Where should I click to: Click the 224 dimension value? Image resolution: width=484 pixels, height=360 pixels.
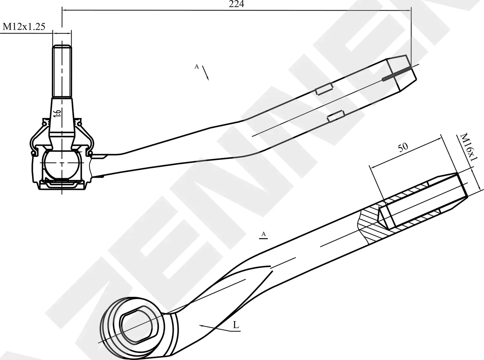pos(237,4)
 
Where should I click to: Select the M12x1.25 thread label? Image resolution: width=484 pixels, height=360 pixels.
pos(24,27)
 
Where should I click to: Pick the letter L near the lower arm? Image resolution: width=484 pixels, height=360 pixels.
pos(236,325)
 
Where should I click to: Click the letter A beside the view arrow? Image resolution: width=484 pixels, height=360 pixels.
pos(196,67)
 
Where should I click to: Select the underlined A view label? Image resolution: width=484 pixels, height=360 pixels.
pos(264,234)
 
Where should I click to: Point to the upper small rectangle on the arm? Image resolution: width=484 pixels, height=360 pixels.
pos(324,89)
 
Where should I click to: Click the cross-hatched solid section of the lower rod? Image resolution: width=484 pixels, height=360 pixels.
pos(371,223)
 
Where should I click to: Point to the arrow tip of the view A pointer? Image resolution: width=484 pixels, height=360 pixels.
pos(208,79)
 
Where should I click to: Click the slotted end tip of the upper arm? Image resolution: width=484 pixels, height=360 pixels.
pos(402,73)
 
